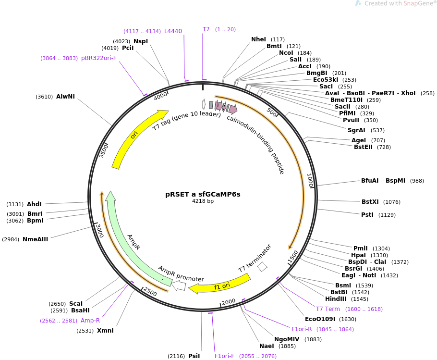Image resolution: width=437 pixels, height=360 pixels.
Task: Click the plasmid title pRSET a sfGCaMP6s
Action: tap(203, 194)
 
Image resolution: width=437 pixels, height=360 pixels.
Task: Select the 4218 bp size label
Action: tap(203, 201)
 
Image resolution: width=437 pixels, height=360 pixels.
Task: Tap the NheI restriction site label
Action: tap(258, 39)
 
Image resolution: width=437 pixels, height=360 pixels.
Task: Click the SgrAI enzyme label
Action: tap(356, 130)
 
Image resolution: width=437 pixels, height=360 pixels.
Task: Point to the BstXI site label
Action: tap(371, 202)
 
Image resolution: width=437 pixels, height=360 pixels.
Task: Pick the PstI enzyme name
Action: tap(367, 214)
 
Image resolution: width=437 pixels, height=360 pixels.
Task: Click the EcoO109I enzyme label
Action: tap(320, 319)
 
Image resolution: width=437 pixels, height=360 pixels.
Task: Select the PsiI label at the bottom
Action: tap(194, 356)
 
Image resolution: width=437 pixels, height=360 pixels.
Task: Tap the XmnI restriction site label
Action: tap(105, 330)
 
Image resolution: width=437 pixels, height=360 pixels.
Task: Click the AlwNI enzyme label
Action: tap(65, 97)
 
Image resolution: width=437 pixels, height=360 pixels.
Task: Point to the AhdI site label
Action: tap(34, 204)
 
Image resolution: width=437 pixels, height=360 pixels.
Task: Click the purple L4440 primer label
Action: tap(173, 31)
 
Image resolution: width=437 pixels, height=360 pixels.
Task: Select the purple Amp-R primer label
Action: tap(90, 320)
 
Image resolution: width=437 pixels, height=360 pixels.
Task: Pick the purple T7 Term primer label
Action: tap(328, 309)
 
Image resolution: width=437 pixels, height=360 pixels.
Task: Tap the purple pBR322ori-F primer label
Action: tap(99, 58)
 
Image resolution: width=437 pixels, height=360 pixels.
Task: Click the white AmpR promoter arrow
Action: tap(179, 286)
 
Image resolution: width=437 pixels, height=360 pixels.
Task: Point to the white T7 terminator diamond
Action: tap(262, 267)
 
